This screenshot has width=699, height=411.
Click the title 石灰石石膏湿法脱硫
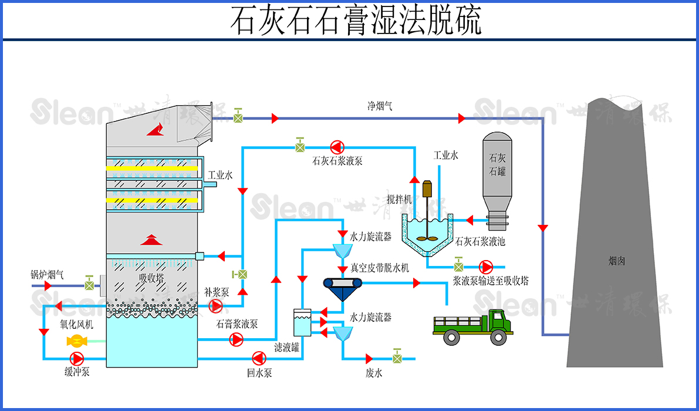355,21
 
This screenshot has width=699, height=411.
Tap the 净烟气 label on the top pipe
380,106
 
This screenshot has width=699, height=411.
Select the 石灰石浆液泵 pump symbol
337,147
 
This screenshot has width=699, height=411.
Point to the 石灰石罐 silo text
497,165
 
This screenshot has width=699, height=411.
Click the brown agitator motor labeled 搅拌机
427,189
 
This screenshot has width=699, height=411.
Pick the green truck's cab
498,322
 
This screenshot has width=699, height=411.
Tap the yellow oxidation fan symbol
77,341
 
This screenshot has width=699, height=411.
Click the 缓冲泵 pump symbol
77,358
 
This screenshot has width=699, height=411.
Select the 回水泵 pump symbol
258,358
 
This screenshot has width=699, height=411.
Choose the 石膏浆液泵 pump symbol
237,339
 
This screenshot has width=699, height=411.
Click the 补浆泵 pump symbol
216,306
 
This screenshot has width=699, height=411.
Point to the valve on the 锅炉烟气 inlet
89,285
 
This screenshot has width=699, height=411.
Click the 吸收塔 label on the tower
151,278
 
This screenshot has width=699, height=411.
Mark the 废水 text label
374,373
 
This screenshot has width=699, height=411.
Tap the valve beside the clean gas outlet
238,117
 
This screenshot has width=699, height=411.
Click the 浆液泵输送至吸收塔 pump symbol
485,267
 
